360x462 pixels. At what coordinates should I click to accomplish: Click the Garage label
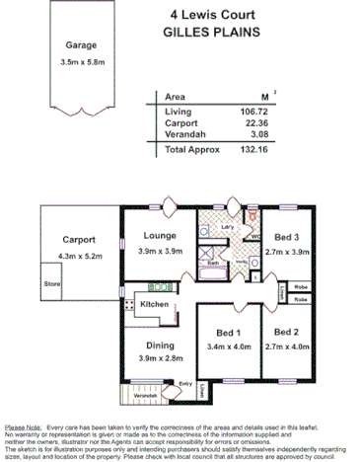(80, 45)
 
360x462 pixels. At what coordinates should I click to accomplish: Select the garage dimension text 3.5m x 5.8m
(81, 63)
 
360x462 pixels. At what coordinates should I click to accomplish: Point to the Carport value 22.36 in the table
(257, 124)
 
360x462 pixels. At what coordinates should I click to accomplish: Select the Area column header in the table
(176, 98)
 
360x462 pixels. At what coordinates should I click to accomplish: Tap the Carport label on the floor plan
(79, 239)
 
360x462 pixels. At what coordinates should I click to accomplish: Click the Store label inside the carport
(51, 282)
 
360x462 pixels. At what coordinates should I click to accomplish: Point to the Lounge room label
(159, 236)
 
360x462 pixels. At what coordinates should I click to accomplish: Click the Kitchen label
(154, 304)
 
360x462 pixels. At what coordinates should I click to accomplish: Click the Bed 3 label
(287, 238)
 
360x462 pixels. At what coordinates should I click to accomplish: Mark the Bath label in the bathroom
(212, 264)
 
